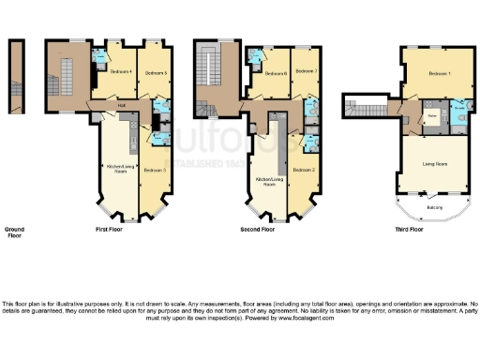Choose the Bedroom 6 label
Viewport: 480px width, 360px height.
click(x=274, y=73)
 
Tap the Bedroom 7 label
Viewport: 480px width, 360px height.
click(x=306, y=71)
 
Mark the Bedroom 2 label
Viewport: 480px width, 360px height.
click(x=302, y=170)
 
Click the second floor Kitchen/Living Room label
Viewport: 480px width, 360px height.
click(x=269, y=182)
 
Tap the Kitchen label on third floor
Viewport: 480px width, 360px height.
click(x=431, y=116)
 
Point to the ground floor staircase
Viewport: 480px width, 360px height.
click(x=15, y=76)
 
